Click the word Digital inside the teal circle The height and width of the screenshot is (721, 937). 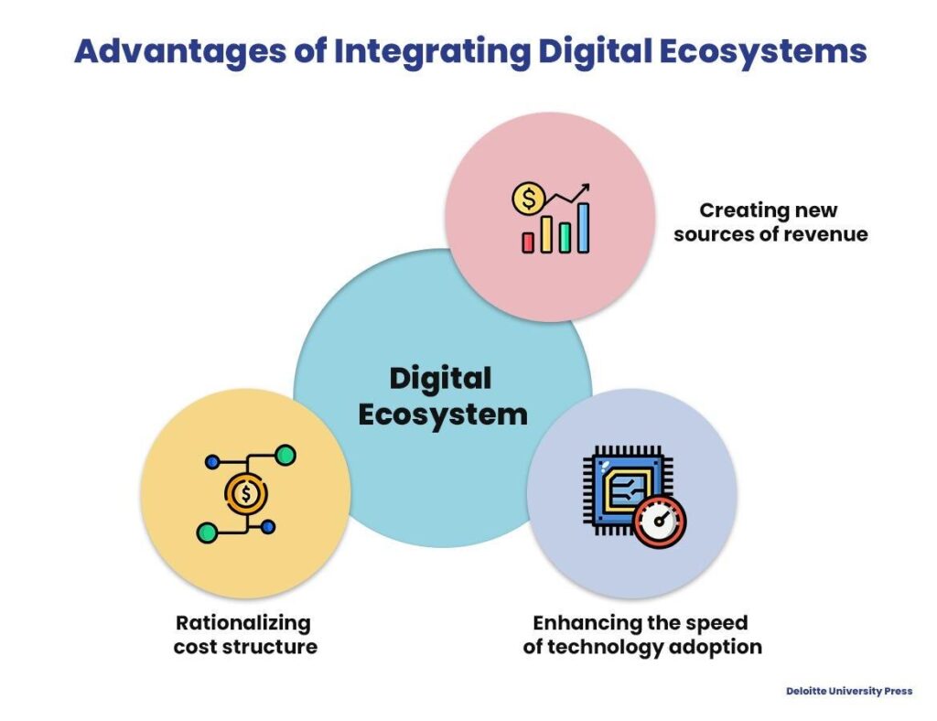click(x=441, y=379)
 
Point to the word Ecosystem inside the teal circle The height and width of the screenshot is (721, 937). click(x=443, y=414)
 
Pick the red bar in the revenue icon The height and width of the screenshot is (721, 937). click(x=528, y=242)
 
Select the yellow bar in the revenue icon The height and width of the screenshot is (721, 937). click(x=546, y=234)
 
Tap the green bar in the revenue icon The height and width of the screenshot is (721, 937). click(x=565, y=238)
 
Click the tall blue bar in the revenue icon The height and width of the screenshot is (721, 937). click(x=583, y=227)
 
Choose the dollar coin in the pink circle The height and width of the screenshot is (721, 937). click(x=529, y=197)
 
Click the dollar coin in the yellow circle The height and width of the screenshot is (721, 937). click(x=246, y=494)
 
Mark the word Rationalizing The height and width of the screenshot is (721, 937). click(x=243, y=623)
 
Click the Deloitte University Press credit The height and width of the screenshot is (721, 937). click(x=849, y=691)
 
